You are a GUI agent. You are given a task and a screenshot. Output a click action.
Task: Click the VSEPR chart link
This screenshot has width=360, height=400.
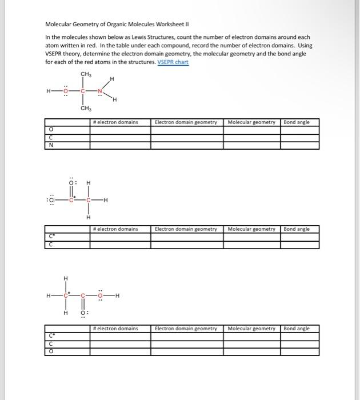click(x=173, y=62)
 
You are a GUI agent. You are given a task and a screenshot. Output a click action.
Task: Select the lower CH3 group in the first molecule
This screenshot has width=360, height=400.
click(x=86, y=108)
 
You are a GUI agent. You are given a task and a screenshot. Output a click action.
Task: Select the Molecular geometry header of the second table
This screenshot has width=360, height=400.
click(x=251, y=229)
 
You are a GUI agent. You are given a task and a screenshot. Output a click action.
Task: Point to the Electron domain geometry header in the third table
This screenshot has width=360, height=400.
click(x=186, y=329)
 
